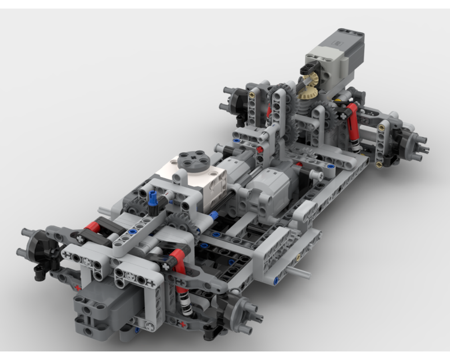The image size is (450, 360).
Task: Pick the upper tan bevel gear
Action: pos(309,80)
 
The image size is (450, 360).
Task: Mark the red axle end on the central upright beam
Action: pos(260,150)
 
